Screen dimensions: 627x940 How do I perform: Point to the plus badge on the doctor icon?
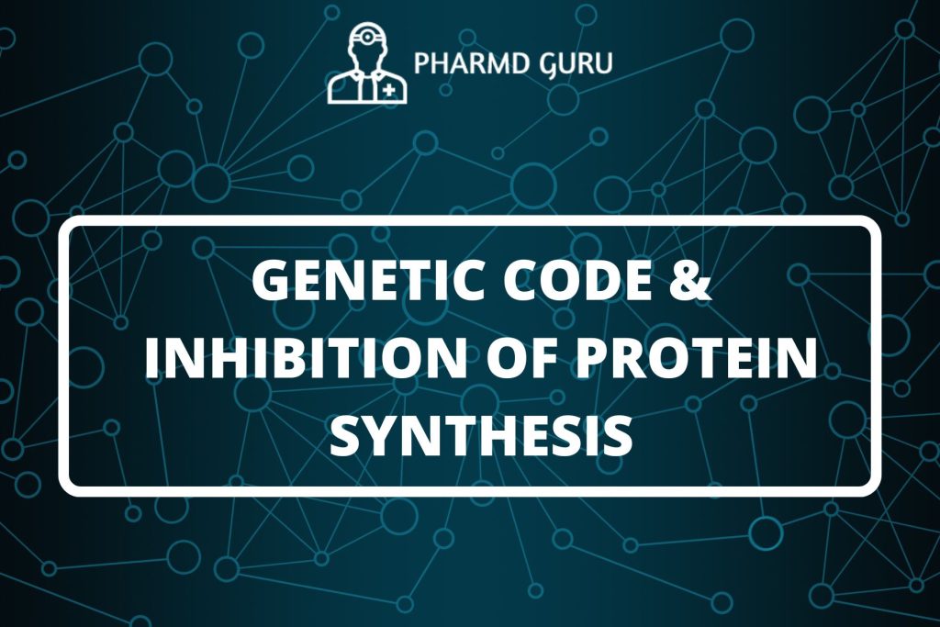[x=390, y=90]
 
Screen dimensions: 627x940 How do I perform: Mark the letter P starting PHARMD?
[x=422, y=65]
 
